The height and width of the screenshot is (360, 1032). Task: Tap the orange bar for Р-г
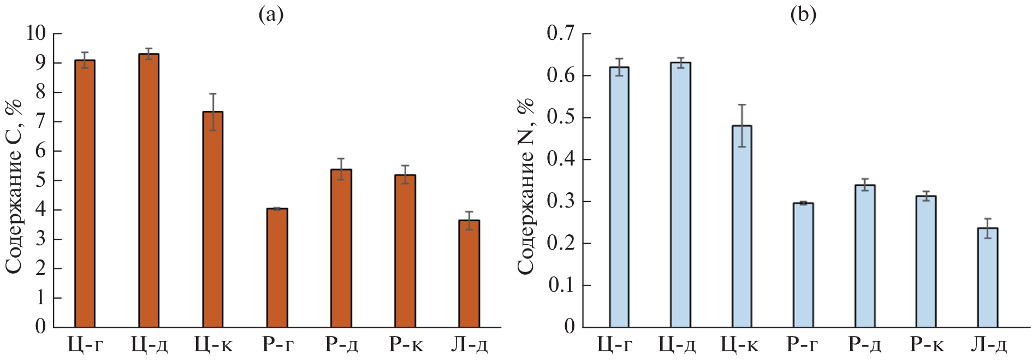click(x=277, y=268)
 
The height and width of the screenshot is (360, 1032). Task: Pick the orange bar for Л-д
click(x=469, y=273)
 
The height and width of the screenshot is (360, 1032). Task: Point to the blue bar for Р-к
click(x=926, y=261)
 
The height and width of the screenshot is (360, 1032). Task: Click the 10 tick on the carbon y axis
click(x=37, y=33)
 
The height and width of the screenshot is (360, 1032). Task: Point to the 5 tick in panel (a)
click(x=41, y=180)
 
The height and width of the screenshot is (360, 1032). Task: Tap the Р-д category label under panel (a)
click(x=341, y=345)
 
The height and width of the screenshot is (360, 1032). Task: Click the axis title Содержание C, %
click(x=14, y=186)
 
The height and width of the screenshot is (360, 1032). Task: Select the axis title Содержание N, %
click(x=525, y=186)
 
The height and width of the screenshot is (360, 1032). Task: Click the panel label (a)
click(x=271, y=14)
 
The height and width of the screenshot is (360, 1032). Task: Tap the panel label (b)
click(x=803, y=14)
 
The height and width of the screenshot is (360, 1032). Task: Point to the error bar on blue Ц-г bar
click(x=619, y=67)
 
